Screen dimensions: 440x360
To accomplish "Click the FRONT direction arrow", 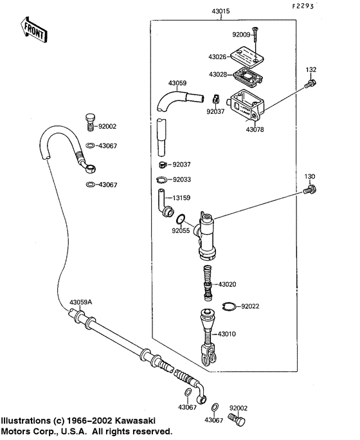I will click(34, 30).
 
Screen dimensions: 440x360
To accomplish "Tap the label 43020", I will click(228, 284).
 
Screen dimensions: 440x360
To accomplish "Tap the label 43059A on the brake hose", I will click(72, 302).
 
